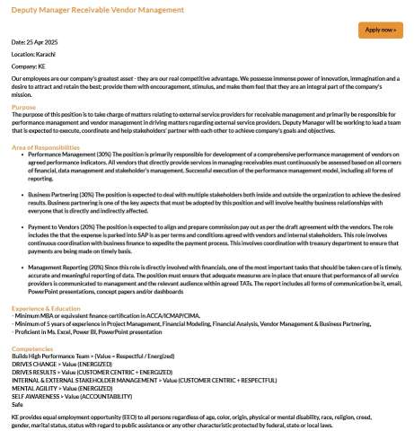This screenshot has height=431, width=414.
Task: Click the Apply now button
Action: (380, 30)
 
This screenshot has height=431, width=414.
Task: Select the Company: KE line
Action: (29, 66)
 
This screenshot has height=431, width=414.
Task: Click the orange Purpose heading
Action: (24, 106)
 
